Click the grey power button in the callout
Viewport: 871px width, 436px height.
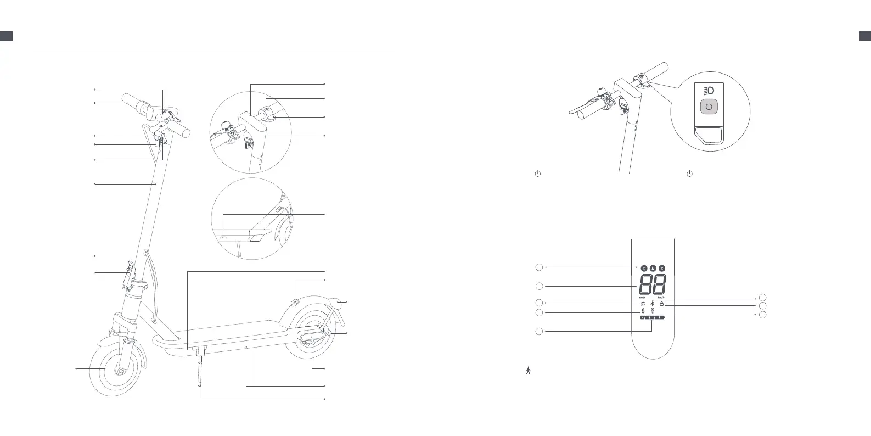[x=709, y=107]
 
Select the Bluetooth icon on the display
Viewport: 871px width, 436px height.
[x=652, y=304]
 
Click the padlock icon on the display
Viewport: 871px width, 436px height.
[x=662, y=304]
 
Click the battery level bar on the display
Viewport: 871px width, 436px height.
[x=651, y=318]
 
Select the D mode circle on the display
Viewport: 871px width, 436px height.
[x=653, y=268]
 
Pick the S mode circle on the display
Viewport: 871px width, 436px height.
[x=662, y=268]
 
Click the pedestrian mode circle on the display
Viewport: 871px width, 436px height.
[x=644, y=268]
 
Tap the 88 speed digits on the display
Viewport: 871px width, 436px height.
[x=653, y=285]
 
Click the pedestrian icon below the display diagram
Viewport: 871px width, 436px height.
[x=528, y=371]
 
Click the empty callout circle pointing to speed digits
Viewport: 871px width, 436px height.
[x=539, y=286]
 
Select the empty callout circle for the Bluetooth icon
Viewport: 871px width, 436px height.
[x=763, y=298]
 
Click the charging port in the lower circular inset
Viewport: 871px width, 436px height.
[x=224, y=237]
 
